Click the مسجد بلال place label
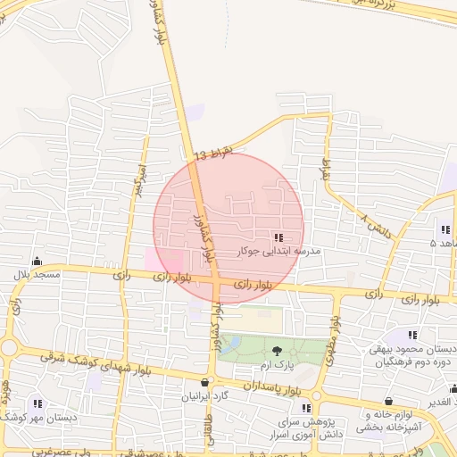(37, 274)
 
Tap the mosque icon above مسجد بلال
(37, 261)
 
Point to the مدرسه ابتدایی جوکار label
(278, 252)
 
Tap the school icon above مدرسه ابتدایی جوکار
(278, 237)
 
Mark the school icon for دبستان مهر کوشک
(37, 403)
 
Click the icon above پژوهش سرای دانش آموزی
(304, 408)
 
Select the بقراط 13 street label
(213, 154)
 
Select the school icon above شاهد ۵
(445, 229)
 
